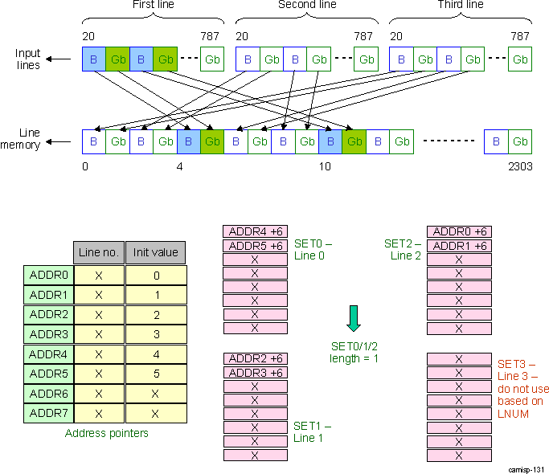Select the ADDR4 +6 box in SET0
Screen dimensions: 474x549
(254, 232)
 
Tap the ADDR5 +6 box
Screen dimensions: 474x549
(254, 246)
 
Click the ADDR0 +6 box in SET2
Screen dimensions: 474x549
(458, 232)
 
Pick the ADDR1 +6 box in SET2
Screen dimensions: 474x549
(458, 246)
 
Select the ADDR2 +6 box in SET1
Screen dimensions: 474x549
(254, 359)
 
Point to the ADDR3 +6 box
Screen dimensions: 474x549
(254, 373)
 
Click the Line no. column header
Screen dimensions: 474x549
(99, 252)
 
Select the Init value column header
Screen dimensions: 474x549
(156, 252)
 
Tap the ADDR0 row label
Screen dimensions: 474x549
(49, 275)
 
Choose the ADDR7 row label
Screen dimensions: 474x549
(49, 412)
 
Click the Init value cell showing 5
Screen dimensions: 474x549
(156, 373)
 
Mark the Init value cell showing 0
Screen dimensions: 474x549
(156, 275)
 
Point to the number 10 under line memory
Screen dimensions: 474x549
(323, 166)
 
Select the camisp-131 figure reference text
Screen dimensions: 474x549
(526, 468)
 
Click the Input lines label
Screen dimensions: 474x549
(28, 59)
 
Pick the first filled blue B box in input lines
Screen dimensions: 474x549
(93, 59)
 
